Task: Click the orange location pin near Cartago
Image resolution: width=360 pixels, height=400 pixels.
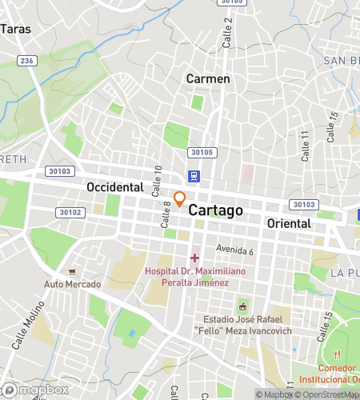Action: tap(180, 198)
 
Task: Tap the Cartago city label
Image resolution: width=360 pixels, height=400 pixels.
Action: tap(215, 209)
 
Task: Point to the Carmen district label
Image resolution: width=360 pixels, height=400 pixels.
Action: tap(208, 78)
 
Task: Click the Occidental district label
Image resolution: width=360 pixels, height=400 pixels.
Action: tap(114, 187)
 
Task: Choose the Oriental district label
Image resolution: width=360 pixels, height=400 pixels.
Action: tap(289, 223)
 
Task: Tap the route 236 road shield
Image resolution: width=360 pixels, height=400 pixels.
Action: tap(27, 61)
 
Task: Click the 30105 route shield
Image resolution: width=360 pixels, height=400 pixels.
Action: tap(202, 152)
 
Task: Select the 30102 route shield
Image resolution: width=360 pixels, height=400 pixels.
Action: tap(70, 212)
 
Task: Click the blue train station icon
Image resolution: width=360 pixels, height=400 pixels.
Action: tap(194, 176)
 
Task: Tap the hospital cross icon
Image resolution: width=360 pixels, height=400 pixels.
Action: tap(194, 258)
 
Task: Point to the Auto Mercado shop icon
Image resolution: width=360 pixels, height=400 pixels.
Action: tap(73, 272)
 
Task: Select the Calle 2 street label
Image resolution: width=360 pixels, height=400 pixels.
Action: tap(227, 31)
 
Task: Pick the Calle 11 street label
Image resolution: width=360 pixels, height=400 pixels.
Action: tap(305, 146)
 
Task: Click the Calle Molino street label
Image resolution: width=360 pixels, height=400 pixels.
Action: tap(26, 327)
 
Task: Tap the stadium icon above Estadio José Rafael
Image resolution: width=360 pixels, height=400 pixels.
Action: tap(242, 306)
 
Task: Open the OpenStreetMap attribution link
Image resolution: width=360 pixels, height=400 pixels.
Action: tap(329, 394)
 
